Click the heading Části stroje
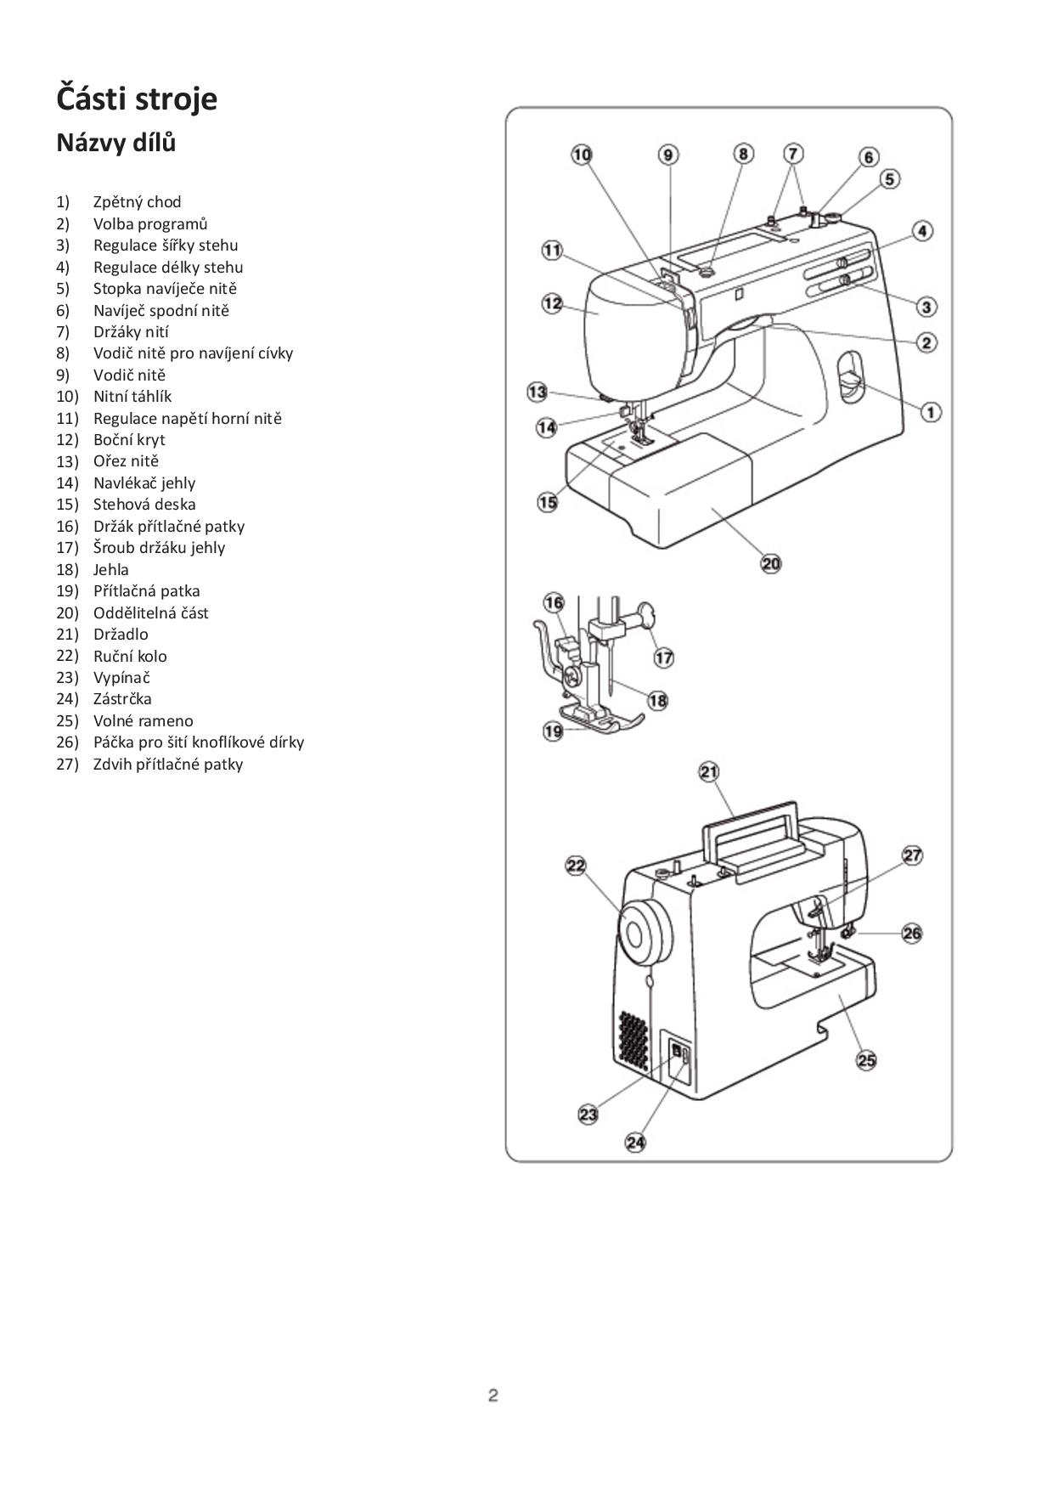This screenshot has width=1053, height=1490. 137,99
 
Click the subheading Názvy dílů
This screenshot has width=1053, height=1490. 116,143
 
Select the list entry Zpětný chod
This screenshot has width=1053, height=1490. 137,202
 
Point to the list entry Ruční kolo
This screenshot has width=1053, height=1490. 130,656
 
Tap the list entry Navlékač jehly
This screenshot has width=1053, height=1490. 144,483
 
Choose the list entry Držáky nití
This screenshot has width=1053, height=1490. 131,332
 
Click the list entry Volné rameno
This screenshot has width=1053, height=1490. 143,721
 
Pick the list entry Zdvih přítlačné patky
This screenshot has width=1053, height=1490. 168,765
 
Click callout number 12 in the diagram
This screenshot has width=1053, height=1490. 553,303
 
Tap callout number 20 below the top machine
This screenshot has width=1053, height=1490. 771,563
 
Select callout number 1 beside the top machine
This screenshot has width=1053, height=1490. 932,412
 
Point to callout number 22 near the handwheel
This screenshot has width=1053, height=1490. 577,866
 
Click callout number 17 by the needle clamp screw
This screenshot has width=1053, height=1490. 664,658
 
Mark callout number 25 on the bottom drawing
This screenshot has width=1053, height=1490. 866,1060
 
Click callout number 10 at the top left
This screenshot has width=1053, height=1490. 582,155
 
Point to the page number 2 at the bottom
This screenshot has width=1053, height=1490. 493,1395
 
